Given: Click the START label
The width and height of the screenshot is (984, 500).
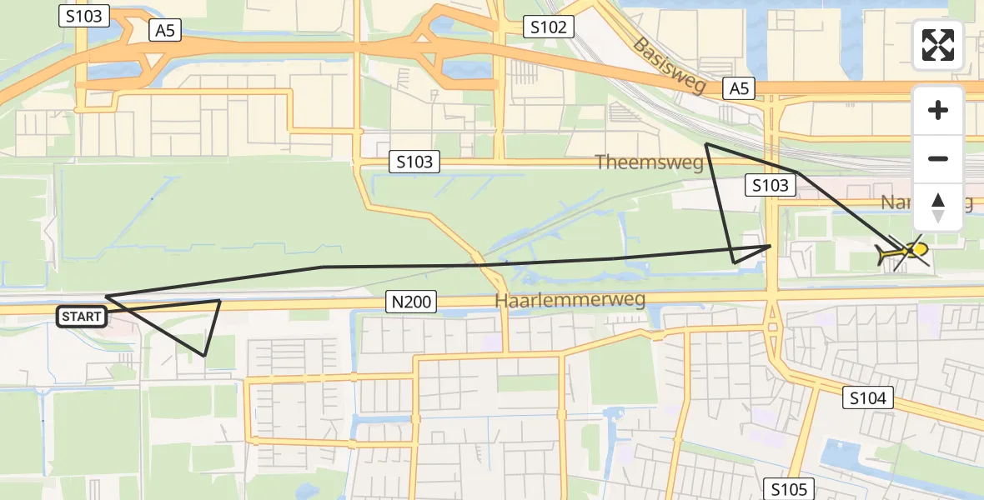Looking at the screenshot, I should [82, 317].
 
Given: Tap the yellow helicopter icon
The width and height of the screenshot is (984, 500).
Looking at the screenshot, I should [903, 252].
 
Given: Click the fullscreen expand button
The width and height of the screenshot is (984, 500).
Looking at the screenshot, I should [938, 45].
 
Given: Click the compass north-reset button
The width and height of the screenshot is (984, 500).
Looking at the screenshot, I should [938, 207].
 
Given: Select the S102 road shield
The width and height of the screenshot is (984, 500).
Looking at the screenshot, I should [549, 27].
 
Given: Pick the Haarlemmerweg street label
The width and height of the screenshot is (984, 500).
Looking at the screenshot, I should [570, 299].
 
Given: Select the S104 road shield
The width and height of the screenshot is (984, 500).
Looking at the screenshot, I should [867, 398].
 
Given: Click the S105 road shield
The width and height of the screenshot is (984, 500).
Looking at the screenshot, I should [788, 489].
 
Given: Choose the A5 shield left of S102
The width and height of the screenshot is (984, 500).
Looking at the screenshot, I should [163, 31].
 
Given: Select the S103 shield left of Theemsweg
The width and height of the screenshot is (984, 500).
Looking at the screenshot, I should [414, 162].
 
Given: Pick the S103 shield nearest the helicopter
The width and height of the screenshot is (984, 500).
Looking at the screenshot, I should [770, 185].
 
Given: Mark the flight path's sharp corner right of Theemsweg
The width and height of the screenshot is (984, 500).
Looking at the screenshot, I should [706, 144].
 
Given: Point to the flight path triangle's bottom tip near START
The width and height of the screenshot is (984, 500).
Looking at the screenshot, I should [204, 356].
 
